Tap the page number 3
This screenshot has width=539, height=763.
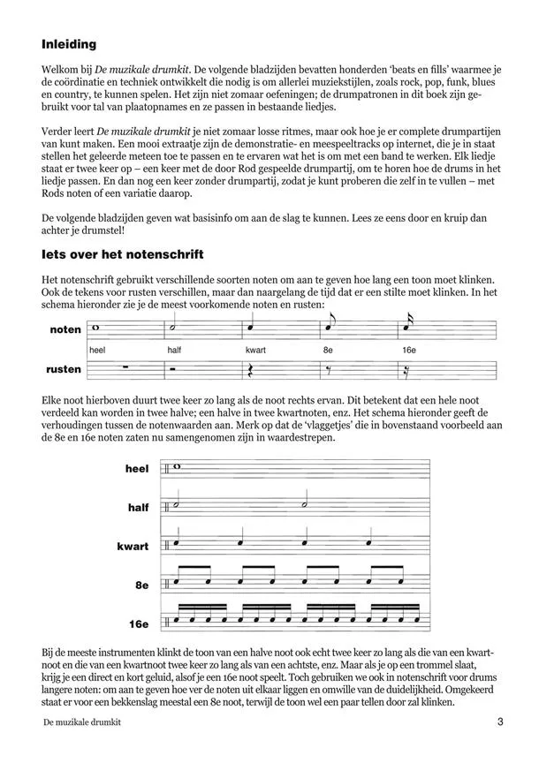pyautogui.click(x=500, y=723)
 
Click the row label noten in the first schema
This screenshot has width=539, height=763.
pyautogui.click(x=67, y=329)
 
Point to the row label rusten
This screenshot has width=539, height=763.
pyautogui.click(x=65, y=369)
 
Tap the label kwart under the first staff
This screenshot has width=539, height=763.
pyautogui.click(x=258, y=350)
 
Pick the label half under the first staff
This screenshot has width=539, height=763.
pyautogui.click(x=174, y=350)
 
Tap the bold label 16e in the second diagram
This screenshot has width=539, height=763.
pyautogui.click(x=138, y=624)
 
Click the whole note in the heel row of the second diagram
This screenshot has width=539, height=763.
pyautogui.click(x=178, y=468)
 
